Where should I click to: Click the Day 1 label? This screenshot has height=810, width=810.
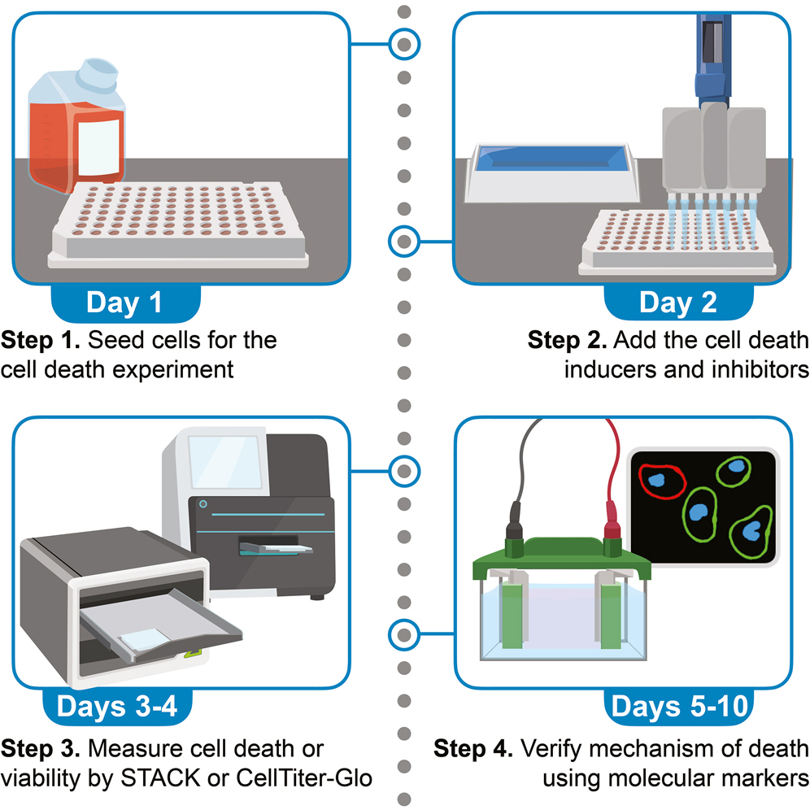point(124,303)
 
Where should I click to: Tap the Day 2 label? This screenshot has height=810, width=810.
point(677,303)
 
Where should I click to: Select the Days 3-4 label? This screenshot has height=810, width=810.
point(124,706)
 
